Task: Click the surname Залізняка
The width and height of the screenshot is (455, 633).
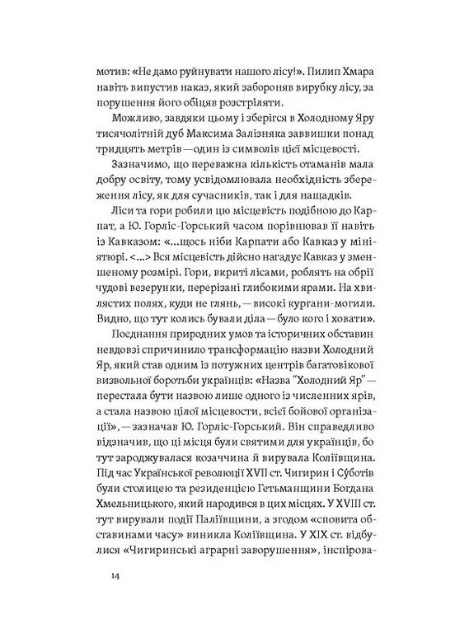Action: tap(273, 137)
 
